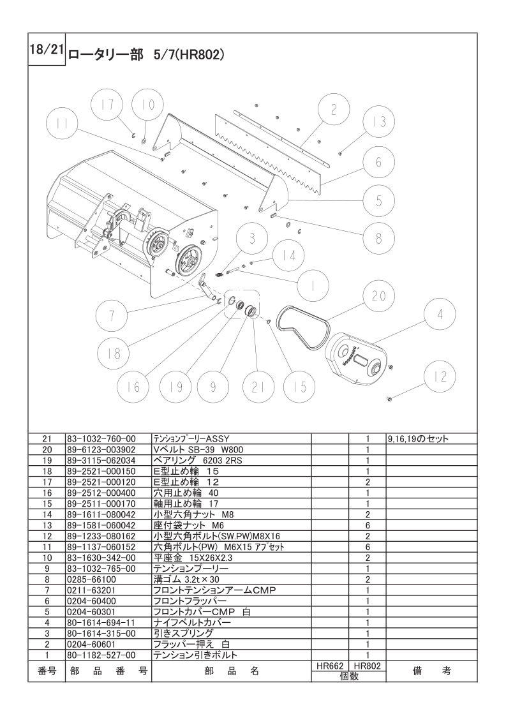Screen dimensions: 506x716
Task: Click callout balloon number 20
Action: pyautogui.click(x=378, y=296)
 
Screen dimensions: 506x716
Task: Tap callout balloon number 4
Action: pyautogui.click(x=440, y=314)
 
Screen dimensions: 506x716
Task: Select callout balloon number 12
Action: pyautogui.click(x=440, y=377)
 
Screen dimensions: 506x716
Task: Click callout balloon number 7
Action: pyautogui.click(x=112, y=315)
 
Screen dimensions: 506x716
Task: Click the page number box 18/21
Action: pyautogui.click(x=47, y=49)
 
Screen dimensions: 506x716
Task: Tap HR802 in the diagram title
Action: pyautogui.click(x=201, y=55)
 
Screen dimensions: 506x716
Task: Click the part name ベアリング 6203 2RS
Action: pyautogui.click(x=198, y=461)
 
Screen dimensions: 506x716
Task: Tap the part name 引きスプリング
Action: pyautogui.click(x=183, y=634)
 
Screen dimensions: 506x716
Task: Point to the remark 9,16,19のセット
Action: pyautogui.click(x=417, y=439)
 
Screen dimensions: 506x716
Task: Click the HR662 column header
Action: pyautogui.click(x=330, y=667)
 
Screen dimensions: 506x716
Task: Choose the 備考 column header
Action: pyautogui.click(x=431, y=671)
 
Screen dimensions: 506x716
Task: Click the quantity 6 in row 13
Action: pyautogui.click(x=368, y=526)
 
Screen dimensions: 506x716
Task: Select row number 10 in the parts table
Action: pyautogui.click(x=47, y=558)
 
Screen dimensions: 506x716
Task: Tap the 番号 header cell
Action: pyautogui.click(x=47, y=671)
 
